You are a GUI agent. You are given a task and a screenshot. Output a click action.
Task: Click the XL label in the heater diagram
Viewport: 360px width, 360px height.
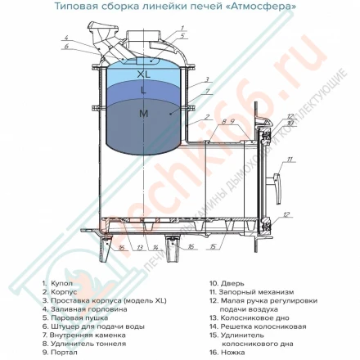click(x=145, y=74)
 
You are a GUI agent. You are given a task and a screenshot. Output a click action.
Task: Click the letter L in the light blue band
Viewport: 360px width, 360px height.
click(x=144, y=91)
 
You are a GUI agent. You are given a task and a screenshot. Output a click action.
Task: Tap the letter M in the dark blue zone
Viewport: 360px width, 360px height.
click(x=144, y=114)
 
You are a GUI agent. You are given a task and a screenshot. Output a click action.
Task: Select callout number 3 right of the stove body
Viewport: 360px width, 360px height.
click(x=207, y=80)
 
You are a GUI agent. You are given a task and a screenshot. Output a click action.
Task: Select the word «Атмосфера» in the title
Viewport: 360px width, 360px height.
click(x=245, y=6)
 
